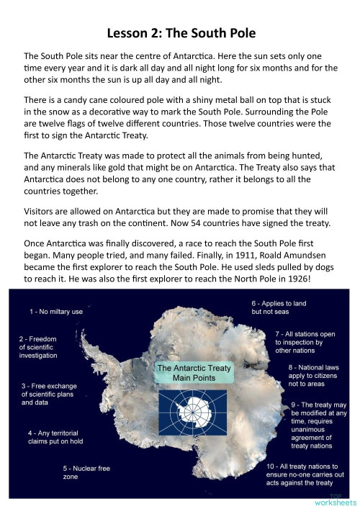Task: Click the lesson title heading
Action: tap(180, 33)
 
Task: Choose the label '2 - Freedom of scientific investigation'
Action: tap(48, 346)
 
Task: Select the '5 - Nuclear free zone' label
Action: tap(86, 473)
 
